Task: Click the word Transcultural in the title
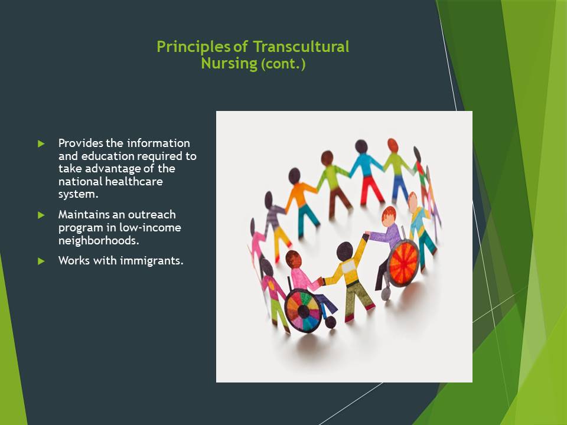301,47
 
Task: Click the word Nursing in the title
229,63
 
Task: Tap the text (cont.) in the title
283,64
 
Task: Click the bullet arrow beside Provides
41,144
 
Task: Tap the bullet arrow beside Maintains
41,215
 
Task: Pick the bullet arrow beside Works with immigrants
41,261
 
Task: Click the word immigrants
152,261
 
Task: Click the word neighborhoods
99,240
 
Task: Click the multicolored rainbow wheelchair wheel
303,310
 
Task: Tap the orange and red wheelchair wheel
403,263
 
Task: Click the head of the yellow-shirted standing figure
344,251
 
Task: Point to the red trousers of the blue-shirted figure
371,190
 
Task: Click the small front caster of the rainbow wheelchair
330,322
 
